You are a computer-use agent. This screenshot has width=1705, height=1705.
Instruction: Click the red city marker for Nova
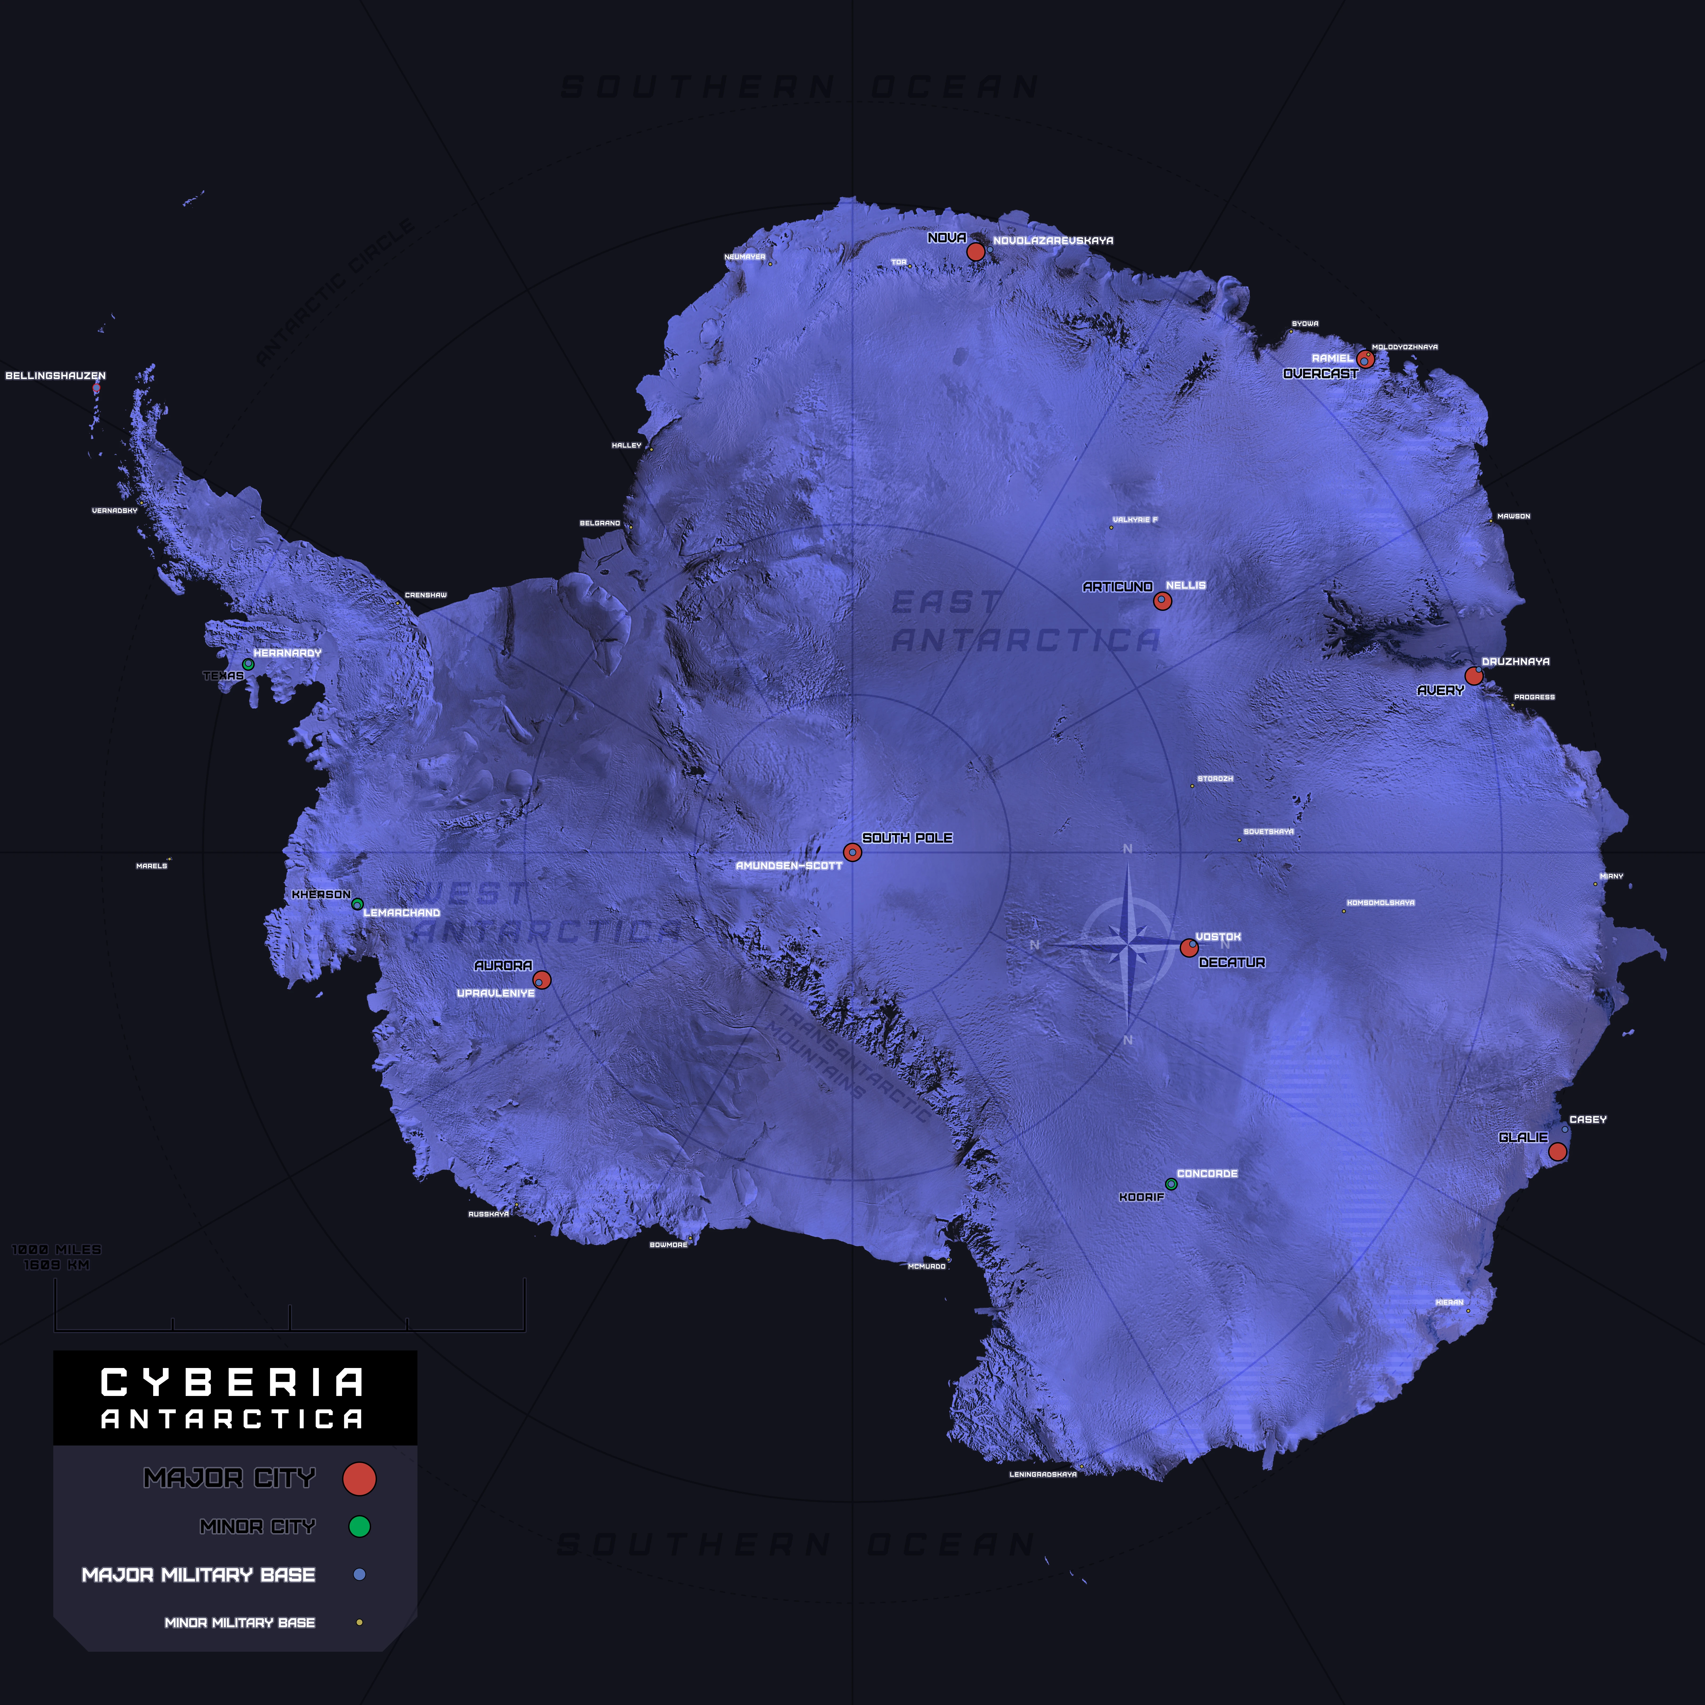[x=975, y=251]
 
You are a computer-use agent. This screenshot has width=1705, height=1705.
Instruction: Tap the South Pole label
[x=907, y=838]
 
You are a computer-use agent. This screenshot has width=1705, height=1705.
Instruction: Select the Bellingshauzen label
[x=56, y=376]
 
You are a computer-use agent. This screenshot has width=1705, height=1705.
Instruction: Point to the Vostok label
[x=1218, y=936]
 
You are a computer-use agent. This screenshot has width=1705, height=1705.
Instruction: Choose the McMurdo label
[x=927, y=1266]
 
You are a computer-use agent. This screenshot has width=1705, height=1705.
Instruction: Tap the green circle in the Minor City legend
[x=359, y=1526]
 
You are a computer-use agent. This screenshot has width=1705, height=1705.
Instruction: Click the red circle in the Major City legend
[x=359, y=1478]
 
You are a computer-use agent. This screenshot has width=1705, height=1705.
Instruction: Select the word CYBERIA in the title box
[x=232, y=1382]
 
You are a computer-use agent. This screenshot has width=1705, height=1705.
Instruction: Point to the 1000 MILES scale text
[x=56, y=1250]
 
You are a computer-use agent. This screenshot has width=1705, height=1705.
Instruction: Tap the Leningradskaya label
[x=1043, y=1474]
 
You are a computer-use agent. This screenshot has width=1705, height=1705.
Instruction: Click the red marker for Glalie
[x=1558, y=1151]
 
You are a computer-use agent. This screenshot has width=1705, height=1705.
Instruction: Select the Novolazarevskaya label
[x=1053, y=240]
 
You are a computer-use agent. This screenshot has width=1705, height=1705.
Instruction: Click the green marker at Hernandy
[x=248, y=664]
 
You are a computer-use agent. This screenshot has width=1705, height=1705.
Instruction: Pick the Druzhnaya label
[x=1515, y=661]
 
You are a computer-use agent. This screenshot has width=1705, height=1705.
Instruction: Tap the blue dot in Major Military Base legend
[x=359, y=1574]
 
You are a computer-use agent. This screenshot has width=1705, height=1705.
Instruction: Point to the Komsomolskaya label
[x=1380, y=903]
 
